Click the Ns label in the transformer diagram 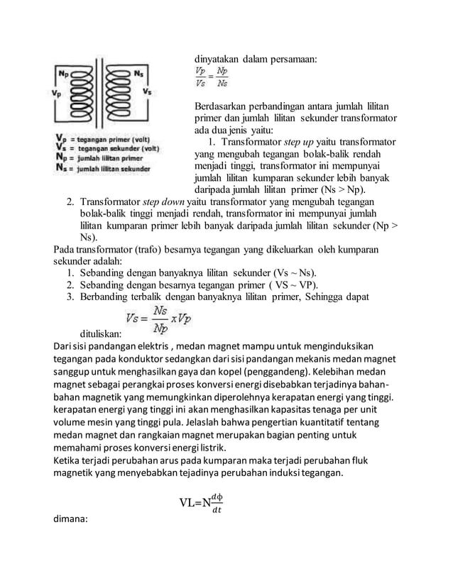(139, 73)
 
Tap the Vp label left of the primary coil (57, 92)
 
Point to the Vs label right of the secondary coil (147, 92)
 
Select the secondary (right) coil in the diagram (118, 94)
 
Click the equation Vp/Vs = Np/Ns (212, 77)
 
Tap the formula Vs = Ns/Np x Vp (159, 319)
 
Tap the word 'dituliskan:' (100, 332)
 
